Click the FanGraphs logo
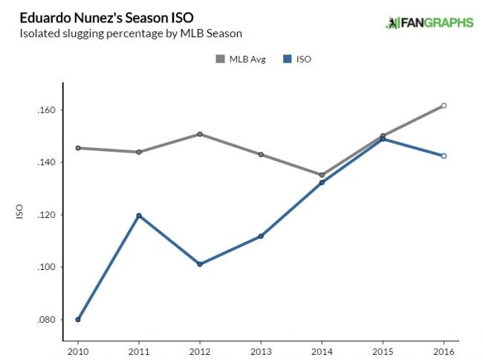click(429, 22)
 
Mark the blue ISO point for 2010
click(78, 320)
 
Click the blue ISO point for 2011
click(139, 216)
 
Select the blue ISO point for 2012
click(200, 264)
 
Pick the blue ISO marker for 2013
click(261, 236)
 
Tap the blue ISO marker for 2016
click(444, 155)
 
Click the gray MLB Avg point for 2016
click(444, 106)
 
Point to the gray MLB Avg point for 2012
click(200, 134)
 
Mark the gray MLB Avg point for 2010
click(78, 148)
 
